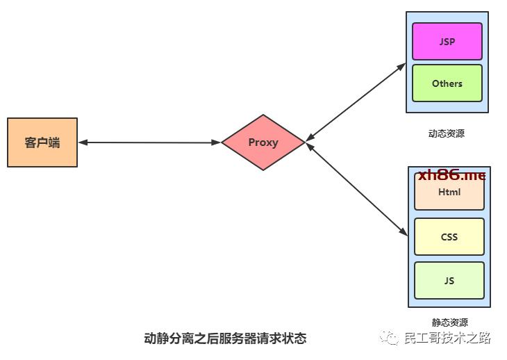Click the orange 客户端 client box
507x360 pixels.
(42, 142)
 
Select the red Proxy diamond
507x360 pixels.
(263, 142)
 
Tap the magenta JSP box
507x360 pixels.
(447, 41)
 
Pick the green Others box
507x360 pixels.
(447, 83)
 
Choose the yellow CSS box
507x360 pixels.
(449, 236)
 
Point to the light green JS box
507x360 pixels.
(449, 280)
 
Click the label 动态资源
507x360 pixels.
(447, 133)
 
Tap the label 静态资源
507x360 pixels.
(449, 322)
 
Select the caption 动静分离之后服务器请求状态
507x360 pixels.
(224, 339)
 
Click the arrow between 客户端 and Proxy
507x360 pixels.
(149, 142)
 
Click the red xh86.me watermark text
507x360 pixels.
(451, 176)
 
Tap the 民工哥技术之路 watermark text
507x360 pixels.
(447, 338)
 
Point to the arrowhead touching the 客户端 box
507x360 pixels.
(83, 142)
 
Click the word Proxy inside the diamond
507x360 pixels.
(263, 142)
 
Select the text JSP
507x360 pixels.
(447, 41)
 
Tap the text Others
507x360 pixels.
(447, 83)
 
